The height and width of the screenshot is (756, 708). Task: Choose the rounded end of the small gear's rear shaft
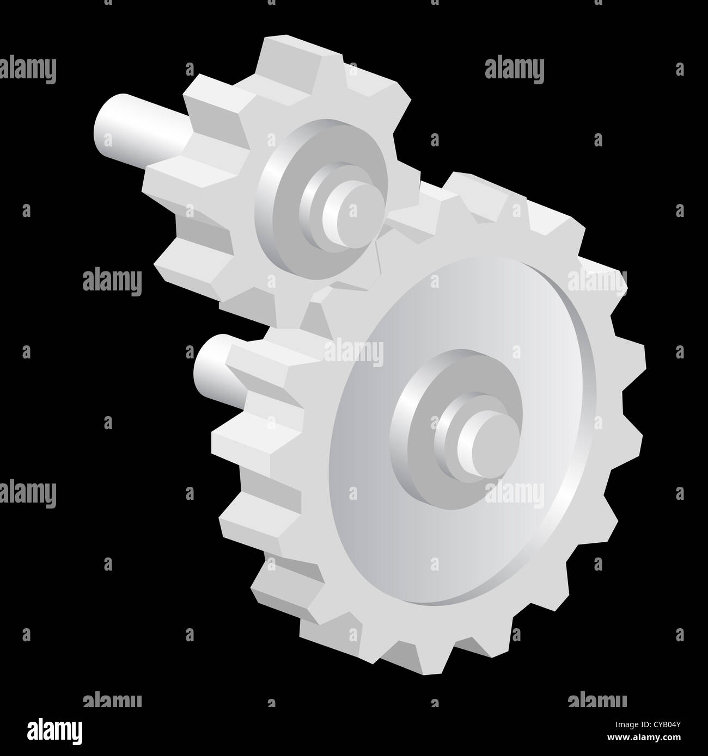coord(103,122)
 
